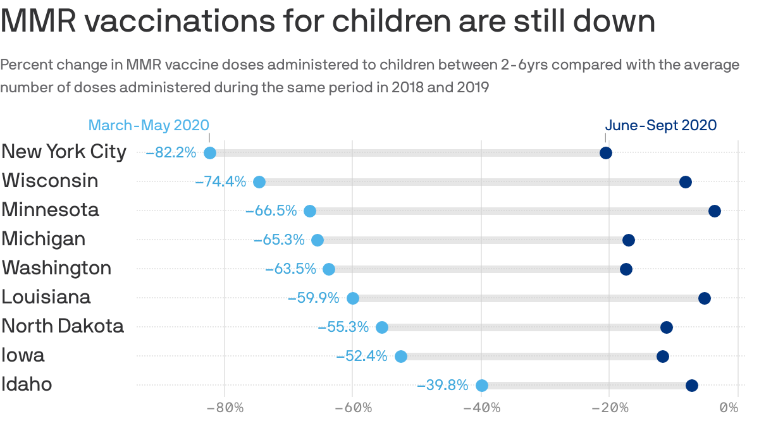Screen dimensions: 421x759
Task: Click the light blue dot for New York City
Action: (210, 153)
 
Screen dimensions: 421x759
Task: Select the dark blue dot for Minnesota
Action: (715, 211)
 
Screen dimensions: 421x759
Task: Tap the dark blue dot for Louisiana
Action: (705, 298)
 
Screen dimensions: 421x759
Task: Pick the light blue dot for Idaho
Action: (482, 386)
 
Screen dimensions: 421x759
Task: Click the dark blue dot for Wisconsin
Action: (686, 182)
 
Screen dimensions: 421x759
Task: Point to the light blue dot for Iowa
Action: (401, 357)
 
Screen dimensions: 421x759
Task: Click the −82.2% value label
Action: (171, 153)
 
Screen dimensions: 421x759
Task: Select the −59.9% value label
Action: (313, 298)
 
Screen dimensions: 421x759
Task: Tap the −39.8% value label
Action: (443, 386)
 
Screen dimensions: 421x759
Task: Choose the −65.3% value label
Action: (279, 240)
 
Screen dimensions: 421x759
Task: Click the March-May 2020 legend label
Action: (149, 125)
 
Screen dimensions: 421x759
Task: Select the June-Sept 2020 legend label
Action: (661, 125)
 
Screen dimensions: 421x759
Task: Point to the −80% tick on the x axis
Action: (225, 406)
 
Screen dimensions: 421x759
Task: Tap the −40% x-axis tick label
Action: (482, 406)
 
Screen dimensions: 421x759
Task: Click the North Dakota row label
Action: (63, 326)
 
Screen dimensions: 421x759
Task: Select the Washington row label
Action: (56, 268)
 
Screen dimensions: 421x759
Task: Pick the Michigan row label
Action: (43, 239)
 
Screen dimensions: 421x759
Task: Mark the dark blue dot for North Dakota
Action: (667, 327)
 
